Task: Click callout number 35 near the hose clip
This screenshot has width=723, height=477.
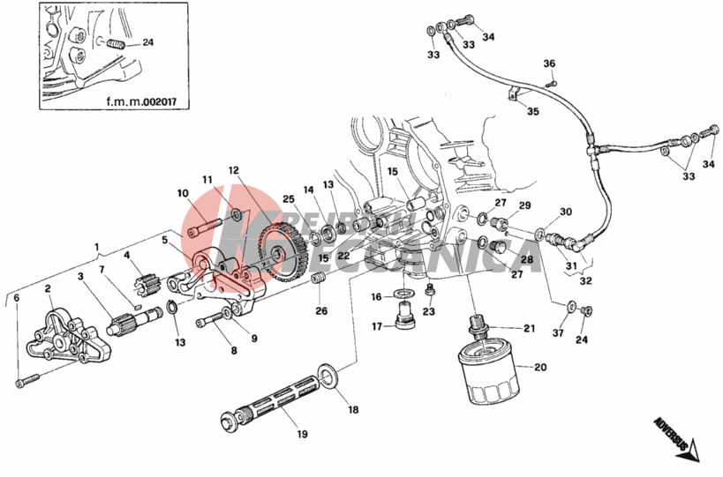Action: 532,111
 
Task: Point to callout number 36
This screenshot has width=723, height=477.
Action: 549,63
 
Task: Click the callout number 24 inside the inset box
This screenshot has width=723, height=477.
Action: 147,42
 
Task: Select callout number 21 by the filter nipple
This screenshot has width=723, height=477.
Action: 529,329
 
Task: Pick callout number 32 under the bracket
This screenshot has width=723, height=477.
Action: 585,281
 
